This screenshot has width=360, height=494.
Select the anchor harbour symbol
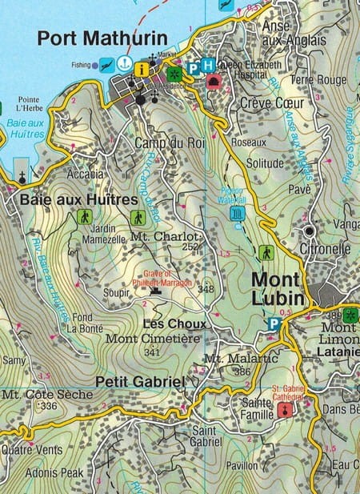pyautogui.click(x=124, y=62)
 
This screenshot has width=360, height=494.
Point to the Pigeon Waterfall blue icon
pyautogui.click(x=237, y=214)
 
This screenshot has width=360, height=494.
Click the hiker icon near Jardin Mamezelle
pyautogui.click(x=84, y=217)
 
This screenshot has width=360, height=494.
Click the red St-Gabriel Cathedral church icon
pyautogui.click(x=283, y=410)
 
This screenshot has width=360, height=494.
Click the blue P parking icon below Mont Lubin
pyautogui.click(x=274, y=324)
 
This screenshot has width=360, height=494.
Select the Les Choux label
pyautogui.click(x=174, y=324)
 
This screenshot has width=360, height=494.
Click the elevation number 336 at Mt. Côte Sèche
pyautogui.click(x=49, y=406)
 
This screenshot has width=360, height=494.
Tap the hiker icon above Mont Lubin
pyautogui.click(x=266, y=253)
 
